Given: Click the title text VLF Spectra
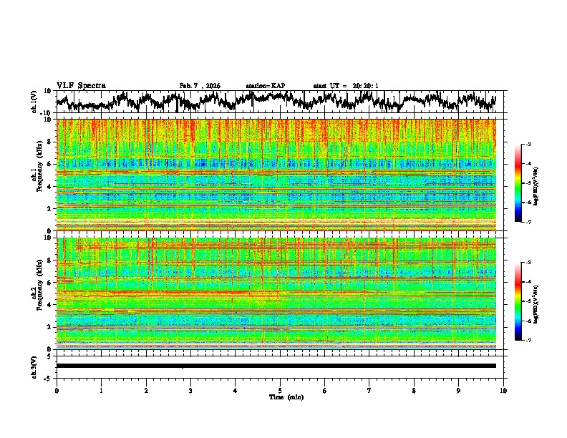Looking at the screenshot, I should pyautogui.click(x=81, y=85).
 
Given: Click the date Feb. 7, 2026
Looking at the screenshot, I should pyautogui.click(x=200, y=86).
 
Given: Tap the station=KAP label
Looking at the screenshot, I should pyautogui.click(x=265, y=86).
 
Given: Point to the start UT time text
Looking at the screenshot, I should pyautogui.click(x=345, y=86).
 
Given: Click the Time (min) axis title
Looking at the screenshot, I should pyautogui.click(x=280, y=396).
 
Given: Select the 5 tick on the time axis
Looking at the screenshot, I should pyautogui.click(x=280, y=390).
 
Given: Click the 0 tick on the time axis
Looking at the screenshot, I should pyautogui.click(x=57, y=390).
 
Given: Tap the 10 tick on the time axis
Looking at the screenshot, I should pyautogui.click(x=503, y=390).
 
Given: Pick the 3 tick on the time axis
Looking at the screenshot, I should pyautogui.click(x=190, y=390).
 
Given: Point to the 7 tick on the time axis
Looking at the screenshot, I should pyautogui.click(x=369, y=390).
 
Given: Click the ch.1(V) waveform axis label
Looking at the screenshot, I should pyautogui.click(x=34, y=102).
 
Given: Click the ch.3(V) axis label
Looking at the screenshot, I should pyautogui.click(x=34, y=366).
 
